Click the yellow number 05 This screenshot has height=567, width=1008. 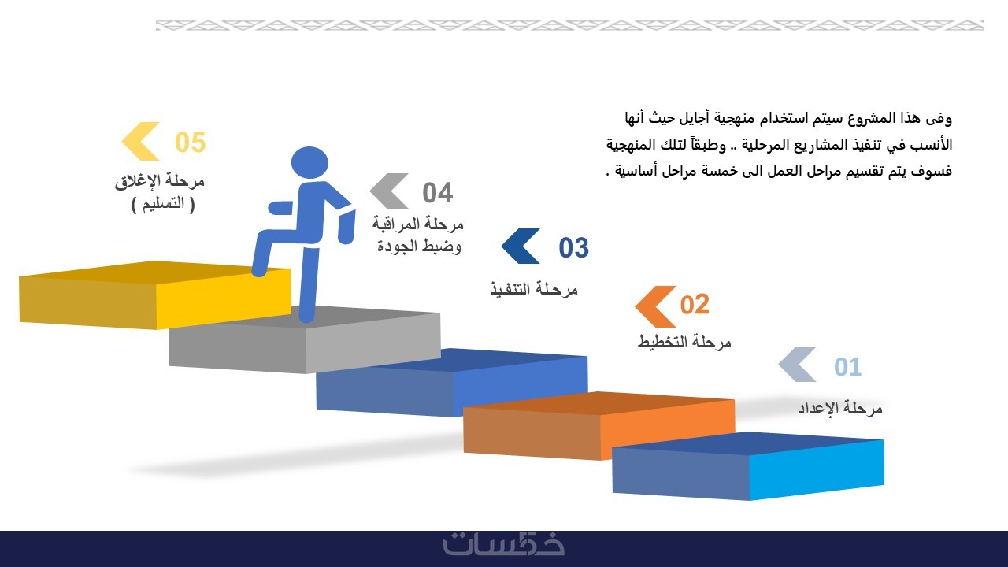point(191,143)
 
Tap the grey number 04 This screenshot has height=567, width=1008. point(437,193)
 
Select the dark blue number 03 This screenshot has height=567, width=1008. point(574,248)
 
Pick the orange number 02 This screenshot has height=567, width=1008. point(695,305)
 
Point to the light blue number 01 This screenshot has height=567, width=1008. point(848,367)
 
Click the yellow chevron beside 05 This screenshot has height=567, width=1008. point(140,141)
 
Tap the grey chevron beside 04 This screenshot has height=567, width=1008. point(389,191)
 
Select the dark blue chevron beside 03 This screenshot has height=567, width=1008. point(521,246)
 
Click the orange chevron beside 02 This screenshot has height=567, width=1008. point(655,306)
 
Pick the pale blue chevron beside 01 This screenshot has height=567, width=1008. point(798,364)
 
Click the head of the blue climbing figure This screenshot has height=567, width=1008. point(309,162)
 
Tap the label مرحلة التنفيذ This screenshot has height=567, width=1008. point(534,289)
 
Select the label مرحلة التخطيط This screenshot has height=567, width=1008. point(684,342)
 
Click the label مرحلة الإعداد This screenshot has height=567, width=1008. point(840,408)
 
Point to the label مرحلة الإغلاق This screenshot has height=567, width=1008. point(160,181)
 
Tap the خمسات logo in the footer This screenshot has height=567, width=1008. point(503,544)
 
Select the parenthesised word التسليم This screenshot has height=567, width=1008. point(163,204)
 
